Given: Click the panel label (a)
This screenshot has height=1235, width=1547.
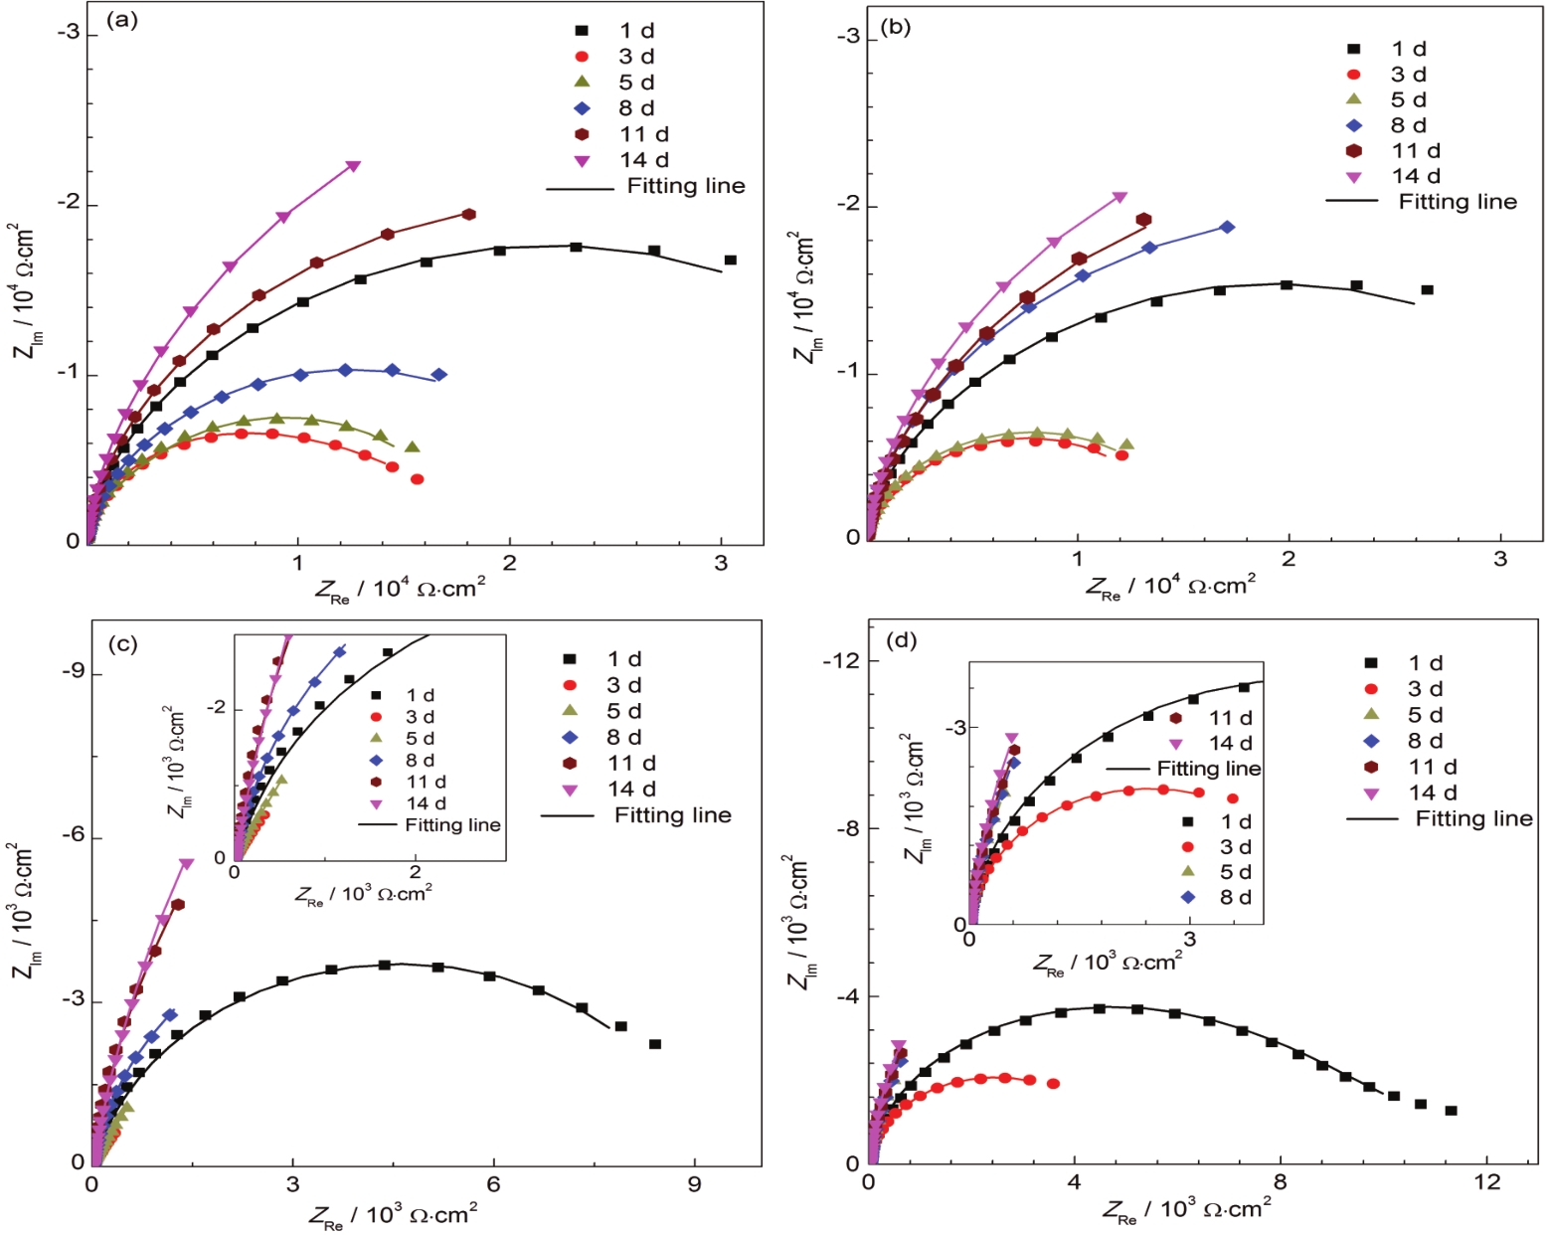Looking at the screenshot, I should point(121,19).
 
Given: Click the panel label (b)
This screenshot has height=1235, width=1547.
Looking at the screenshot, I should point(895,27).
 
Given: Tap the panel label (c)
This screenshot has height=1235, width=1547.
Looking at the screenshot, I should point(122,643).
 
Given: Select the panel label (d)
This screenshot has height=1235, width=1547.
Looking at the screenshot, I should point(901,639).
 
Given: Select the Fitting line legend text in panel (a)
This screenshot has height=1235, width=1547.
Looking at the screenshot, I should point(685,186).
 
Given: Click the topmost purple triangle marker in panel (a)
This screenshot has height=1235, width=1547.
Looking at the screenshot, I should point(353,167).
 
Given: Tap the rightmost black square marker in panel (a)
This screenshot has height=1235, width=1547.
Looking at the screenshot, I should point(730,261).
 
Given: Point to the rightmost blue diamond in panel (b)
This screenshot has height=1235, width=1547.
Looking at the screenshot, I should point(1227,227).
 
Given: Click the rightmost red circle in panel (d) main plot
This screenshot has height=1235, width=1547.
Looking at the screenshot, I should point(1053,1084).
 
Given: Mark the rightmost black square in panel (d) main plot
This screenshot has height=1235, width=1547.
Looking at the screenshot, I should point(1451,1111).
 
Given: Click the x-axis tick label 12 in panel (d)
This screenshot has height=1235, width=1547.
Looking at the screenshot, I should point(1486,1182).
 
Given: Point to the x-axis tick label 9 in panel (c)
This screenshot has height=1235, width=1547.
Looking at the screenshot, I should point(694,1184).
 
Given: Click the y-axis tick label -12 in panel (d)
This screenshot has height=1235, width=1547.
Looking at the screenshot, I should point(838,661).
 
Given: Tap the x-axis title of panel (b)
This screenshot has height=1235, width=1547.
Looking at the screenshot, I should point(1169,586).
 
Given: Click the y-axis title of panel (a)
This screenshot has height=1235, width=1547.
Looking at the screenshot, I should point(23,290).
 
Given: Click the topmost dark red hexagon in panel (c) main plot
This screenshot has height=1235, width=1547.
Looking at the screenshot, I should point(178,905).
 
